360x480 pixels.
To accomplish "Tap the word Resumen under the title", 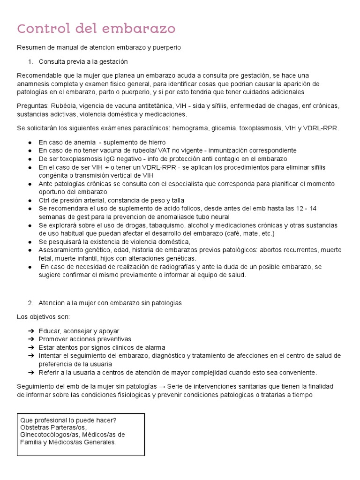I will [x=30, y=47].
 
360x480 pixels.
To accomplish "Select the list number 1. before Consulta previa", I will [x=31, y=61].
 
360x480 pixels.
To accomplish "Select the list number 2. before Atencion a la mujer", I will [x=31, y=303].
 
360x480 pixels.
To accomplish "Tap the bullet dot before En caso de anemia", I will [x=30, y=142].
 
